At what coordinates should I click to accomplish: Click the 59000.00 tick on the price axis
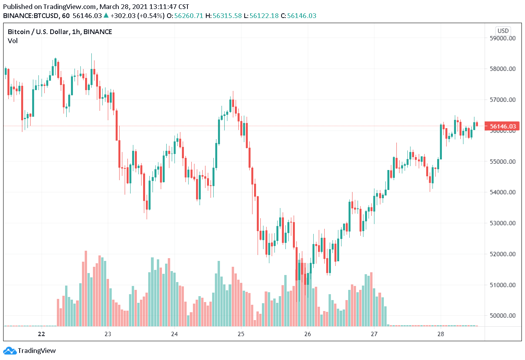pos(503,38)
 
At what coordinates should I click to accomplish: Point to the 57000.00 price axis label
pos(503,100)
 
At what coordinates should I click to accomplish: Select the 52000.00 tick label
pos(503,254)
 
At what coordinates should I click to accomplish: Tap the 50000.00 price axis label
pos(503,316)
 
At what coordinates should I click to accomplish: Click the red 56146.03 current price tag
pos(503,127)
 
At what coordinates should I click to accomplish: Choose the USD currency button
pos(503,31)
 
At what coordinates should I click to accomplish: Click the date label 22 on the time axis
pos(42,334)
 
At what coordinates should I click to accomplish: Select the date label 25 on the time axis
pos(241,334)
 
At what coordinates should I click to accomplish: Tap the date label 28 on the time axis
pos(441,334)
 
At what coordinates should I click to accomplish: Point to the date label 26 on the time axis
pos(307,334)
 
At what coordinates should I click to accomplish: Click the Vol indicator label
pos(13,41)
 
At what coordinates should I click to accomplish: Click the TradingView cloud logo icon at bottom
pos(9,351)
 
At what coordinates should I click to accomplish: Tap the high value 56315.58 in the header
pos(227,16)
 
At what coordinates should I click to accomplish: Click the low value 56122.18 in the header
pos(264,16)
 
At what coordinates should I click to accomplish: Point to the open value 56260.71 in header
pos(189,16)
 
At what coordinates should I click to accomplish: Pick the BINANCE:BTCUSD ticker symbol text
pos(31,16)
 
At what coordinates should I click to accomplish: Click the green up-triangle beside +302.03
pos(106,16)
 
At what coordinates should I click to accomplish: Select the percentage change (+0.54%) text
pos(150,16)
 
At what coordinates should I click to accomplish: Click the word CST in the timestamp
pos(183,7)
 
